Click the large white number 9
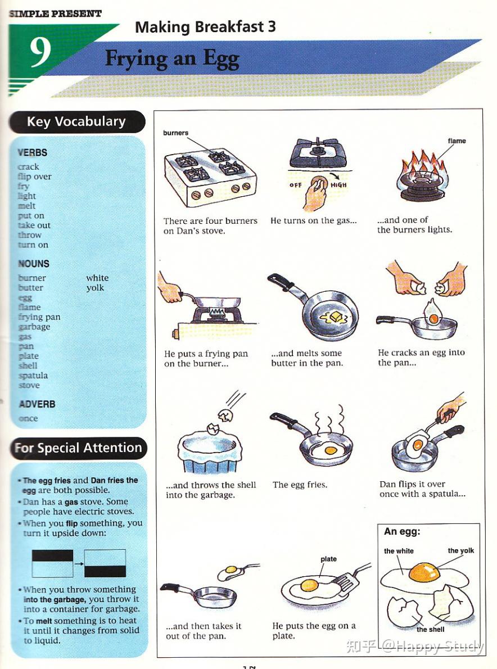pyautogui.click(x=41, y=52)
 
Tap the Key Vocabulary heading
pyautogui.click(x=76, y=121)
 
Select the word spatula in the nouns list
pyautogui.click(x=33, y=376)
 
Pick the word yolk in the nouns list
pyautogui.click(x=95, y=288)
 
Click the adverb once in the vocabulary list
pyautogui.click(x=28, y=418)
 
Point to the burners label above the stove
pyautogui.click(x=175, y=133)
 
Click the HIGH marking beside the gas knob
pyautogui.click(x=338, y=185)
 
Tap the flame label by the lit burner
pyautogui.click(x=457, y=141)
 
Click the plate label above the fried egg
pyautogui.click(x=328, y=559)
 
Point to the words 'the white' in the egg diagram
pyautogui.click(x=399, y=551)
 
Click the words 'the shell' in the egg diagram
pyautogui.click(x=431, y=629)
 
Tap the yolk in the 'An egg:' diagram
pyautogui.click(x=423, y=573)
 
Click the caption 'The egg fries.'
pyautogui.click(x=300, y=485)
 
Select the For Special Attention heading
pyautogui.click(x=78, y=448)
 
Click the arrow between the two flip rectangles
pyautogui.click(x=79, y=563)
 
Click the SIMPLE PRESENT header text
pyautogui.click(x=55, y=13)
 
